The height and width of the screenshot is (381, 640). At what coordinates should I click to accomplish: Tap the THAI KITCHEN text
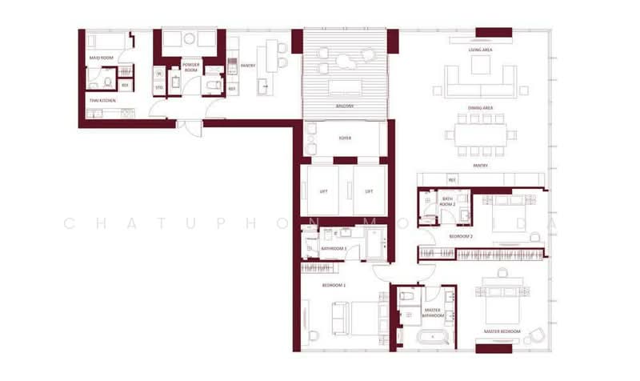click(x=102, y=101)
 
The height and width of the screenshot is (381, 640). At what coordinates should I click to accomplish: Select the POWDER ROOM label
click(x=190, y=67)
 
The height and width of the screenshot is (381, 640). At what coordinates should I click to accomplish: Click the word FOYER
click(x=345, y=138)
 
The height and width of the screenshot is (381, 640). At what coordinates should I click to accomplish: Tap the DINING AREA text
click(x=480, y=107)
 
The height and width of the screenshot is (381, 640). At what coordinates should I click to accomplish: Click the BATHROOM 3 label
click(x=334, y=249)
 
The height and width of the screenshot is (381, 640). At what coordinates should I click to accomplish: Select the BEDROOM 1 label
click(x=332, y=285)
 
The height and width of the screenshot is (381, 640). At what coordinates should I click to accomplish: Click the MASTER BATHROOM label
click(x=433, y=313)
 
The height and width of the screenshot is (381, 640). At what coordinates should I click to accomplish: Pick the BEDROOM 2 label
click(x=461, y=237)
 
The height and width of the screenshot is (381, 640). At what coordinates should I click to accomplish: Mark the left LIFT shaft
click(x=323, y=190)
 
